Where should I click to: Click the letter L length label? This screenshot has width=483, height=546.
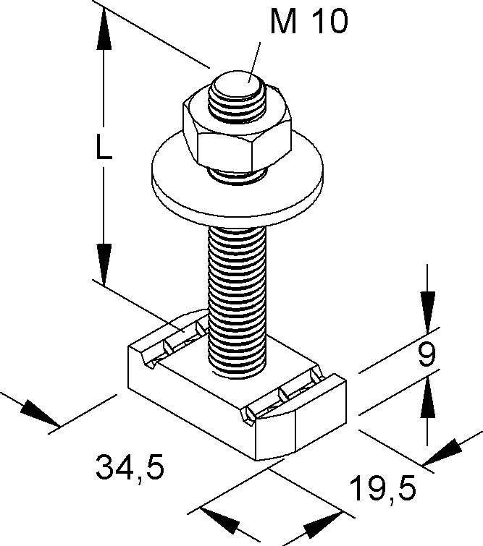tap(104, 148)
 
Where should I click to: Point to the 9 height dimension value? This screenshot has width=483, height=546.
tap(427, 354)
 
